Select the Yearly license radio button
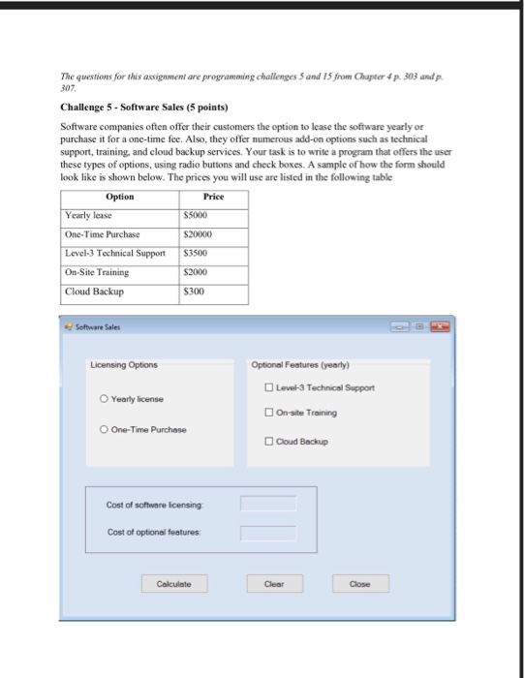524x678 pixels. point(104,399)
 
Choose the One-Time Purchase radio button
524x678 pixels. point(104,429)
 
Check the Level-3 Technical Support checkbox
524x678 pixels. point(268,387)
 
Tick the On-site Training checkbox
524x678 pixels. point(268,413)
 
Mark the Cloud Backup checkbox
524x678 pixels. point(268,442)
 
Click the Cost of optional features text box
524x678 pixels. point(268,532)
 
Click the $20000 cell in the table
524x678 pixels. point(197,234)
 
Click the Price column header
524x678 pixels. point(214,197)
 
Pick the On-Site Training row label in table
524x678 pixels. point(97,272)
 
